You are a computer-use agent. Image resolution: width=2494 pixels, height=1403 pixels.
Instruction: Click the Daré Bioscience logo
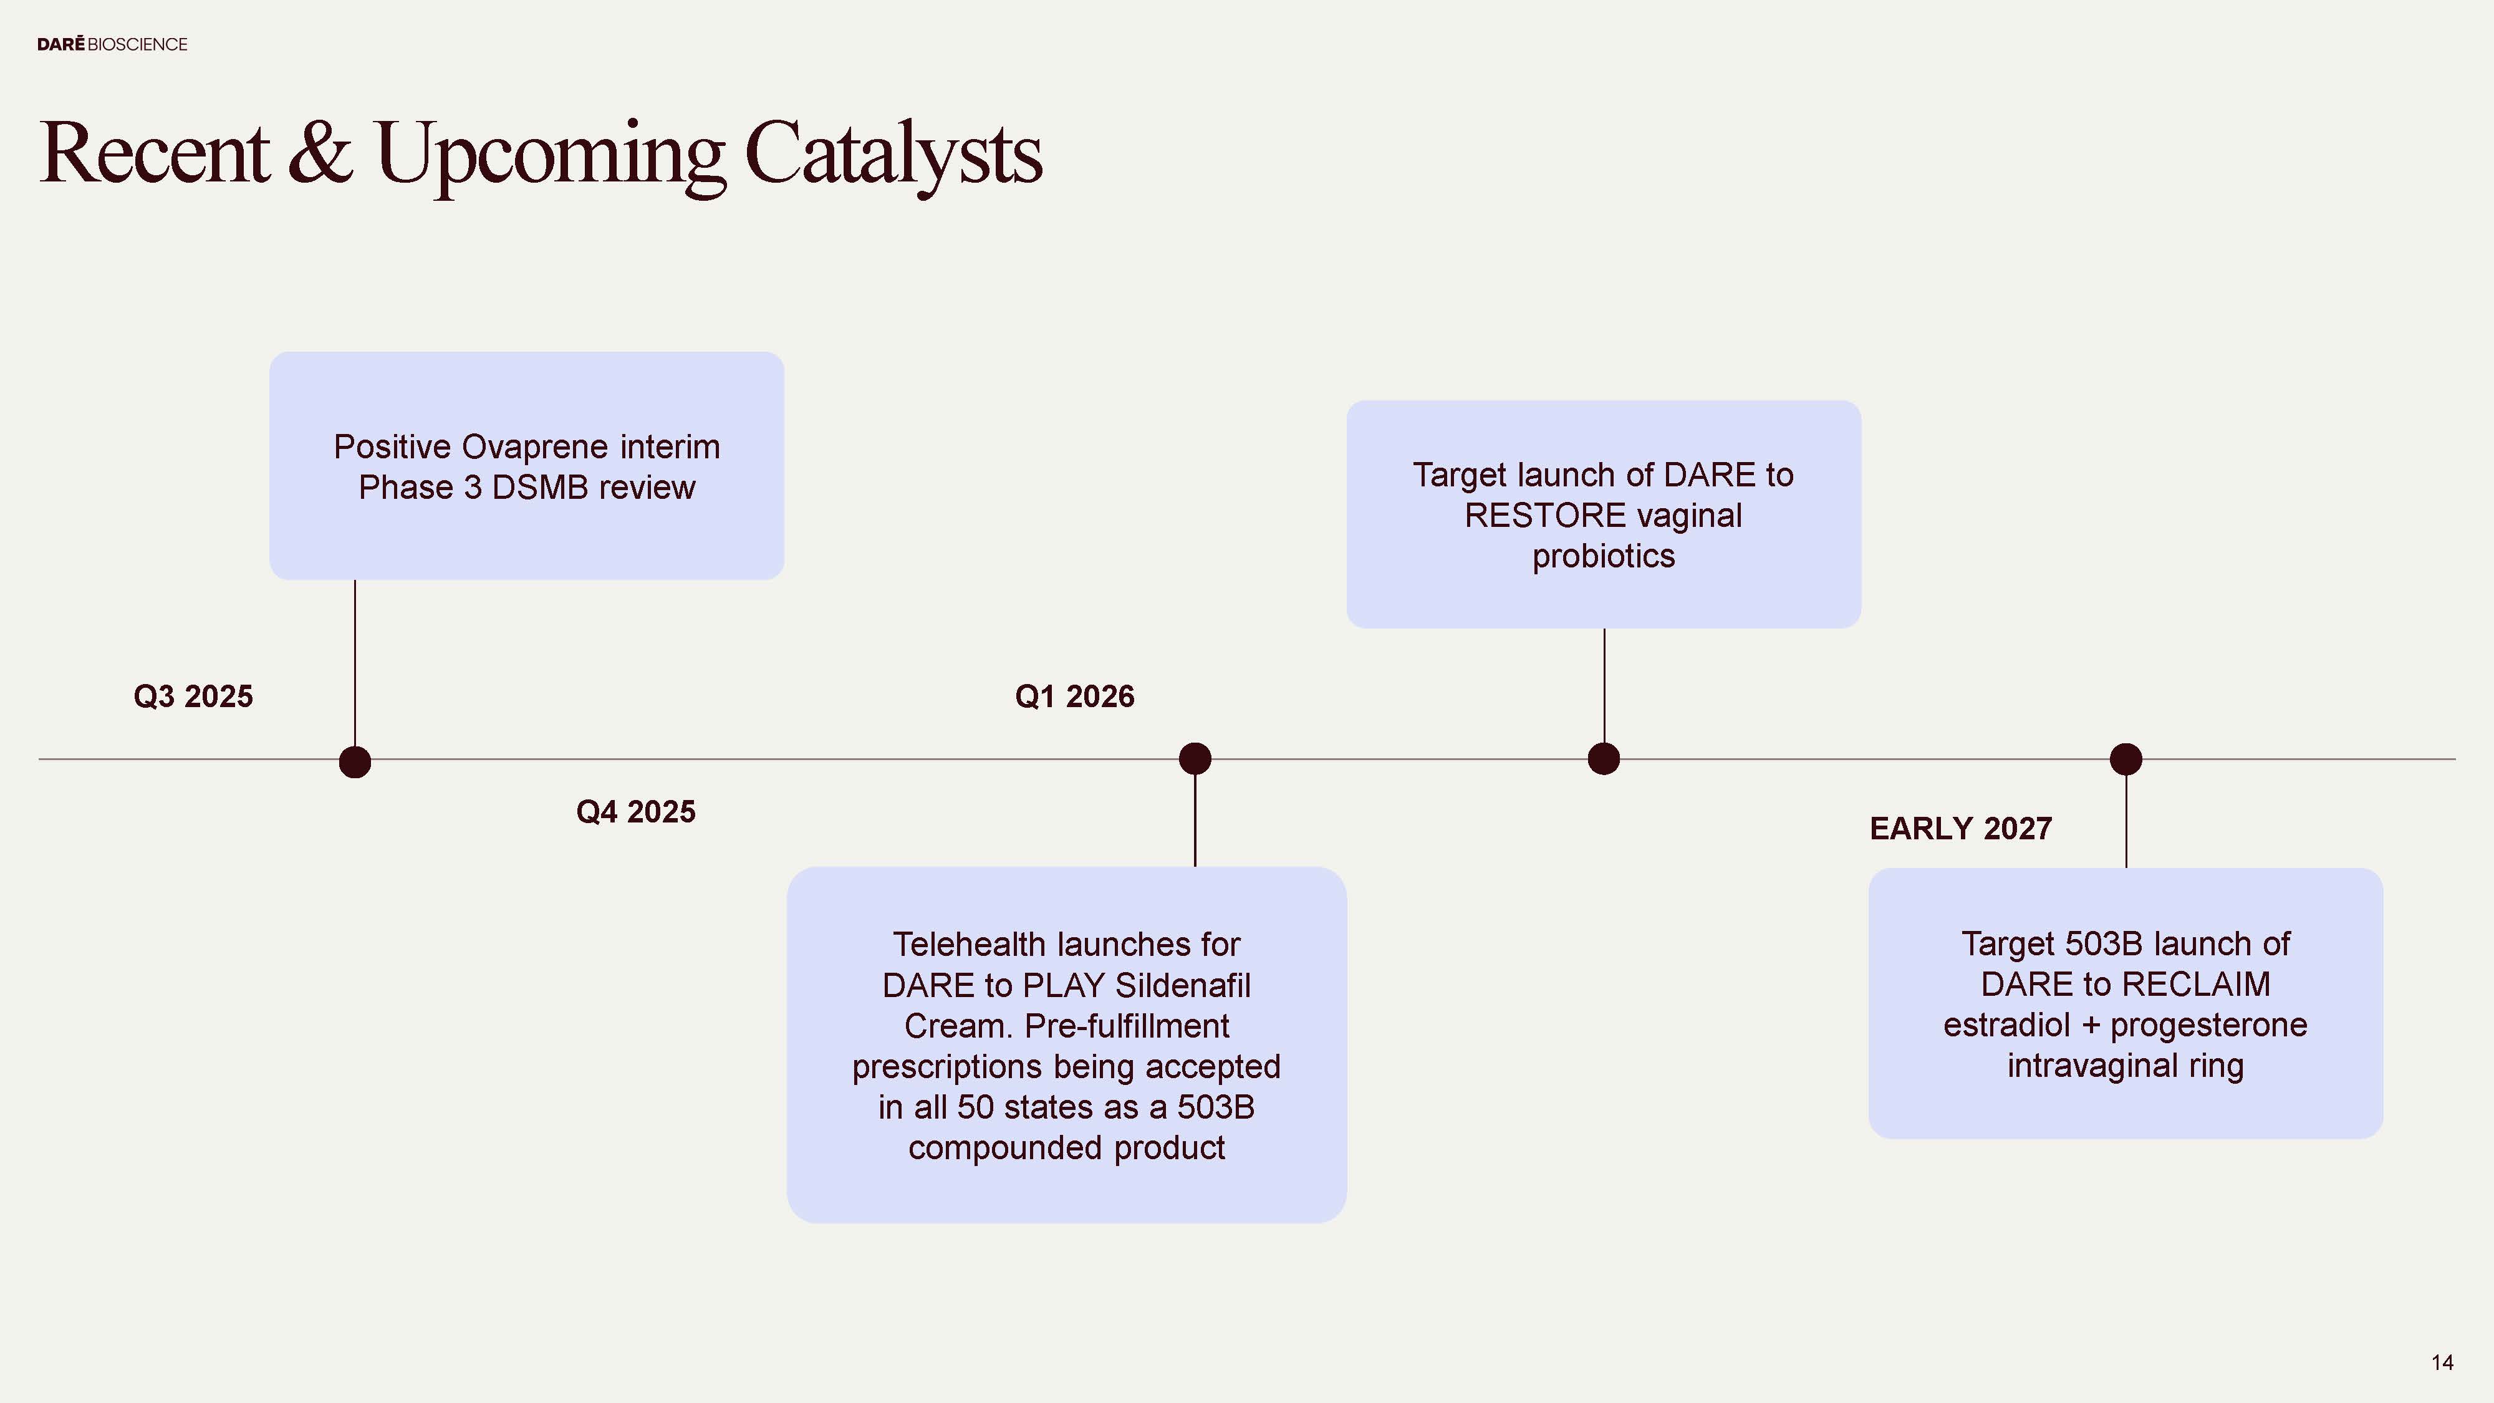click(x=112, y=44)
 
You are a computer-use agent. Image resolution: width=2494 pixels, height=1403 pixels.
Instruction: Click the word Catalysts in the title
click(x=893, y=154)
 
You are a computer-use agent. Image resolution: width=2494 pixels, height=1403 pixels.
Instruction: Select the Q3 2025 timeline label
click(x=193, y=696)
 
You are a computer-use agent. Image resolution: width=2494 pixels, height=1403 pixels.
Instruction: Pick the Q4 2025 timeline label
click(x=635, y=811)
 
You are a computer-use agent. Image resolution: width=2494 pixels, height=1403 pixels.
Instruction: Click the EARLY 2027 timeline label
click(x=1960, y=829)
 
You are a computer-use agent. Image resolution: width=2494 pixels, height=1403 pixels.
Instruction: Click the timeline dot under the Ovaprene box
click(x=355, y=762)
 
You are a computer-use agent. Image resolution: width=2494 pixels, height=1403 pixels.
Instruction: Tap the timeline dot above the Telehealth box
click(x=1195, y=759)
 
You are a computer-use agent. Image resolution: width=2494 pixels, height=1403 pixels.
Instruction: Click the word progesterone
click(x=2208, y=1025)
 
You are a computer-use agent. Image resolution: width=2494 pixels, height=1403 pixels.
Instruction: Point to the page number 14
click(x=2442, y=1363)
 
